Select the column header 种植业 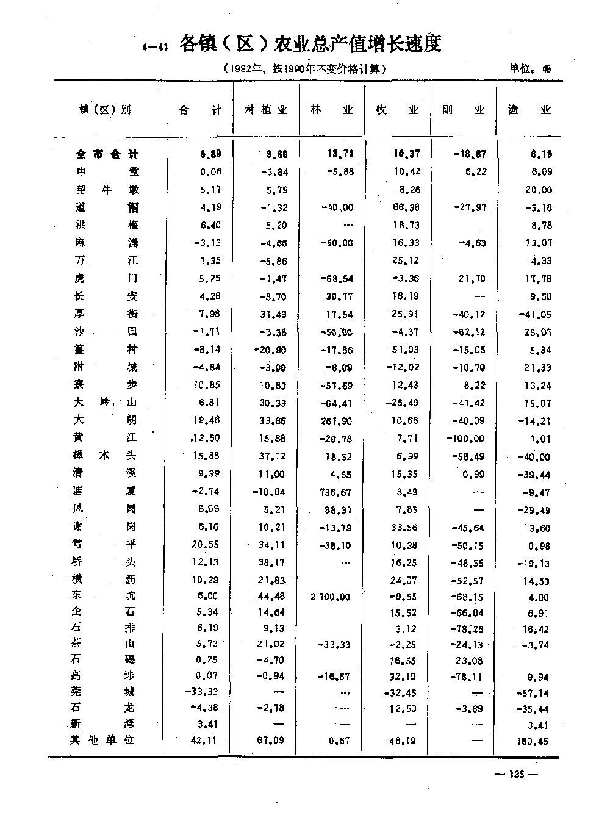click(x=265, y=110)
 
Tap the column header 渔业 click(x=529, y=110)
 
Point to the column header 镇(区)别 click(x=105, y=110)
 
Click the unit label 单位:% click(x=529, y=70)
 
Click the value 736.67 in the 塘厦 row click(x=336, y=491)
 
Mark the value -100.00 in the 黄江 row click(x=465, y=439)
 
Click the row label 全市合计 click(x=107, y=154)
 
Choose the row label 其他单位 click(x=102, y=740)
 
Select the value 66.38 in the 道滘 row click(x=406, y=207)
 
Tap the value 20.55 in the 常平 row click(x=206, y=544)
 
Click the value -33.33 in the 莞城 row click(x=202, y=692)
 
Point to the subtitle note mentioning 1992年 click(x=304, y=70)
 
